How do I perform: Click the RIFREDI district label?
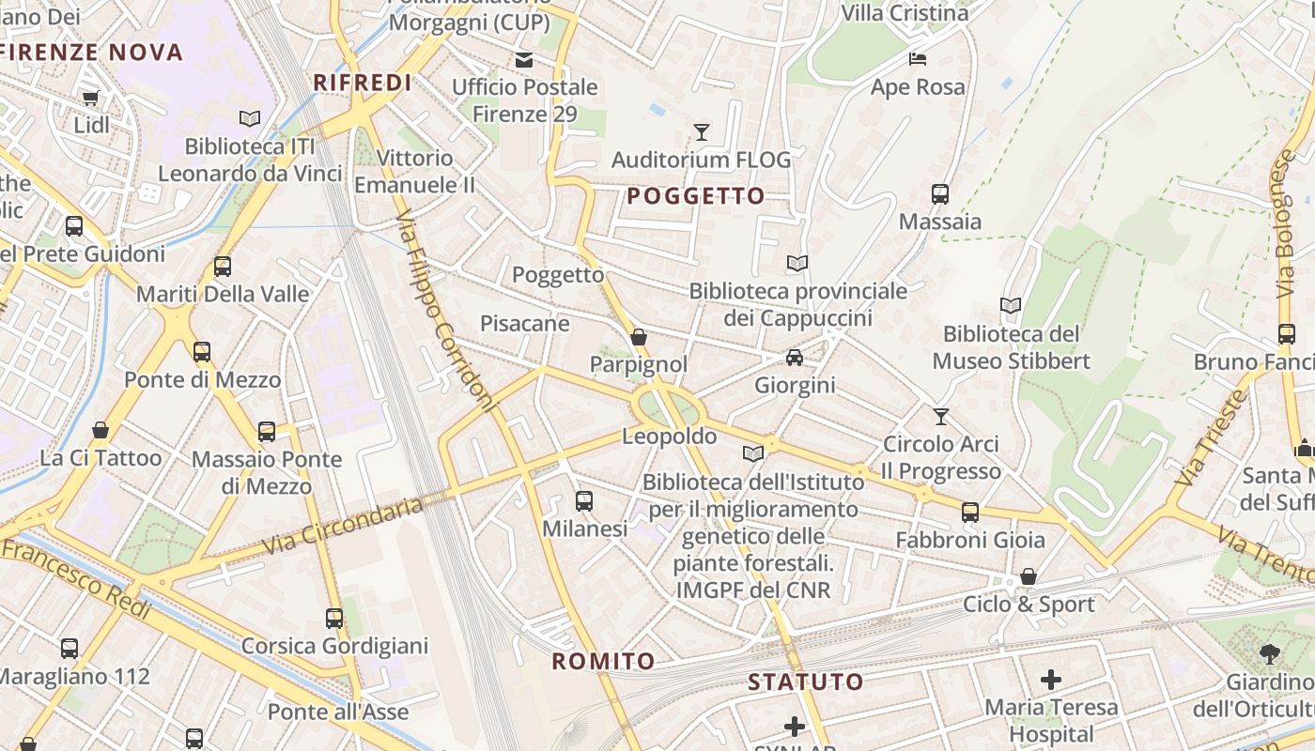click(363, 83)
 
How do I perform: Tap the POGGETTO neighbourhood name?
click(696, 196)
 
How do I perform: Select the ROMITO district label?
click(603, 661)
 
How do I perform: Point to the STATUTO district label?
click(805, 682)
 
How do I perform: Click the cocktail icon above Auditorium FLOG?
click(701, 131)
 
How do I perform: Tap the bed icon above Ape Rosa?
click(918, 59)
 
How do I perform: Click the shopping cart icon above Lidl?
click(91, 98)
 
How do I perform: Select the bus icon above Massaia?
click(939, 194)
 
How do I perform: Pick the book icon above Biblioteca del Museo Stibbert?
click(1011, 306)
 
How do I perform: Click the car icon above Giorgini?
click(795, 358)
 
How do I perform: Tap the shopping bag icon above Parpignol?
click(639, 336)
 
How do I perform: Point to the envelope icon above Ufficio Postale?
click(524, 60)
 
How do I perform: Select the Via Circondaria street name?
click(343, 526)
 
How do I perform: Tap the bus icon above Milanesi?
click(584, 501)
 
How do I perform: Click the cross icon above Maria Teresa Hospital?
click(1051, 680)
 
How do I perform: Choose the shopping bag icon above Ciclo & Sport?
click(1029, 576)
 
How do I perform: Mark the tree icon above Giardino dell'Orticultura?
click(1269, 654)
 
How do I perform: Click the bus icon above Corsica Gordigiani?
click(334, 619)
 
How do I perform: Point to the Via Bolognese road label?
click(1285, 226)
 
